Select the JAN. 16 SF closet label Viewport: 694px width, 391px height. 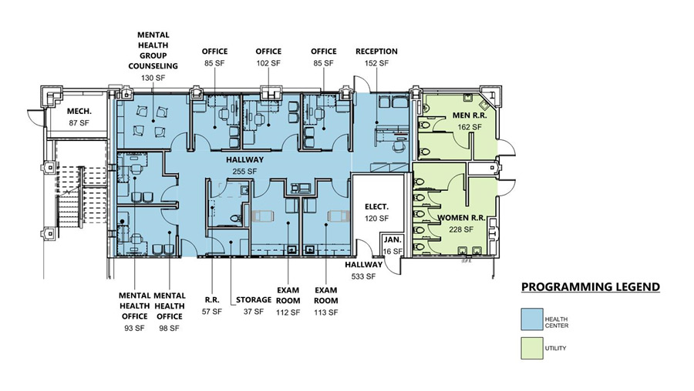(392, 246)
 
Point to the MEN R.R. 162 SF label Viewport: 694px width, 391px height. (461, 121)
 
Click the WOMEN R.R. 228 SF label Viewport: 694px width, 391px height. (460, 223)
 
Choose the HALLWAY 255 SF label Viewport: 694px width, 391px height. (245, 165)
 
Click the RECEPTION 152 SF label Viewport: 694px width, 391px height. (376, 57)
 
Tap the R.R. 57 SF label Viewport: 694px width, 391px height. (211, 306)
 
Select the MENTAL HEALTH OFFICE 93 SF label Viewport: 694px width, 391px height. (134, 311)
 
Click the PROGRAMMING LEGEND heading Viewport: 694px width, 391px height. (590, 287)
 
